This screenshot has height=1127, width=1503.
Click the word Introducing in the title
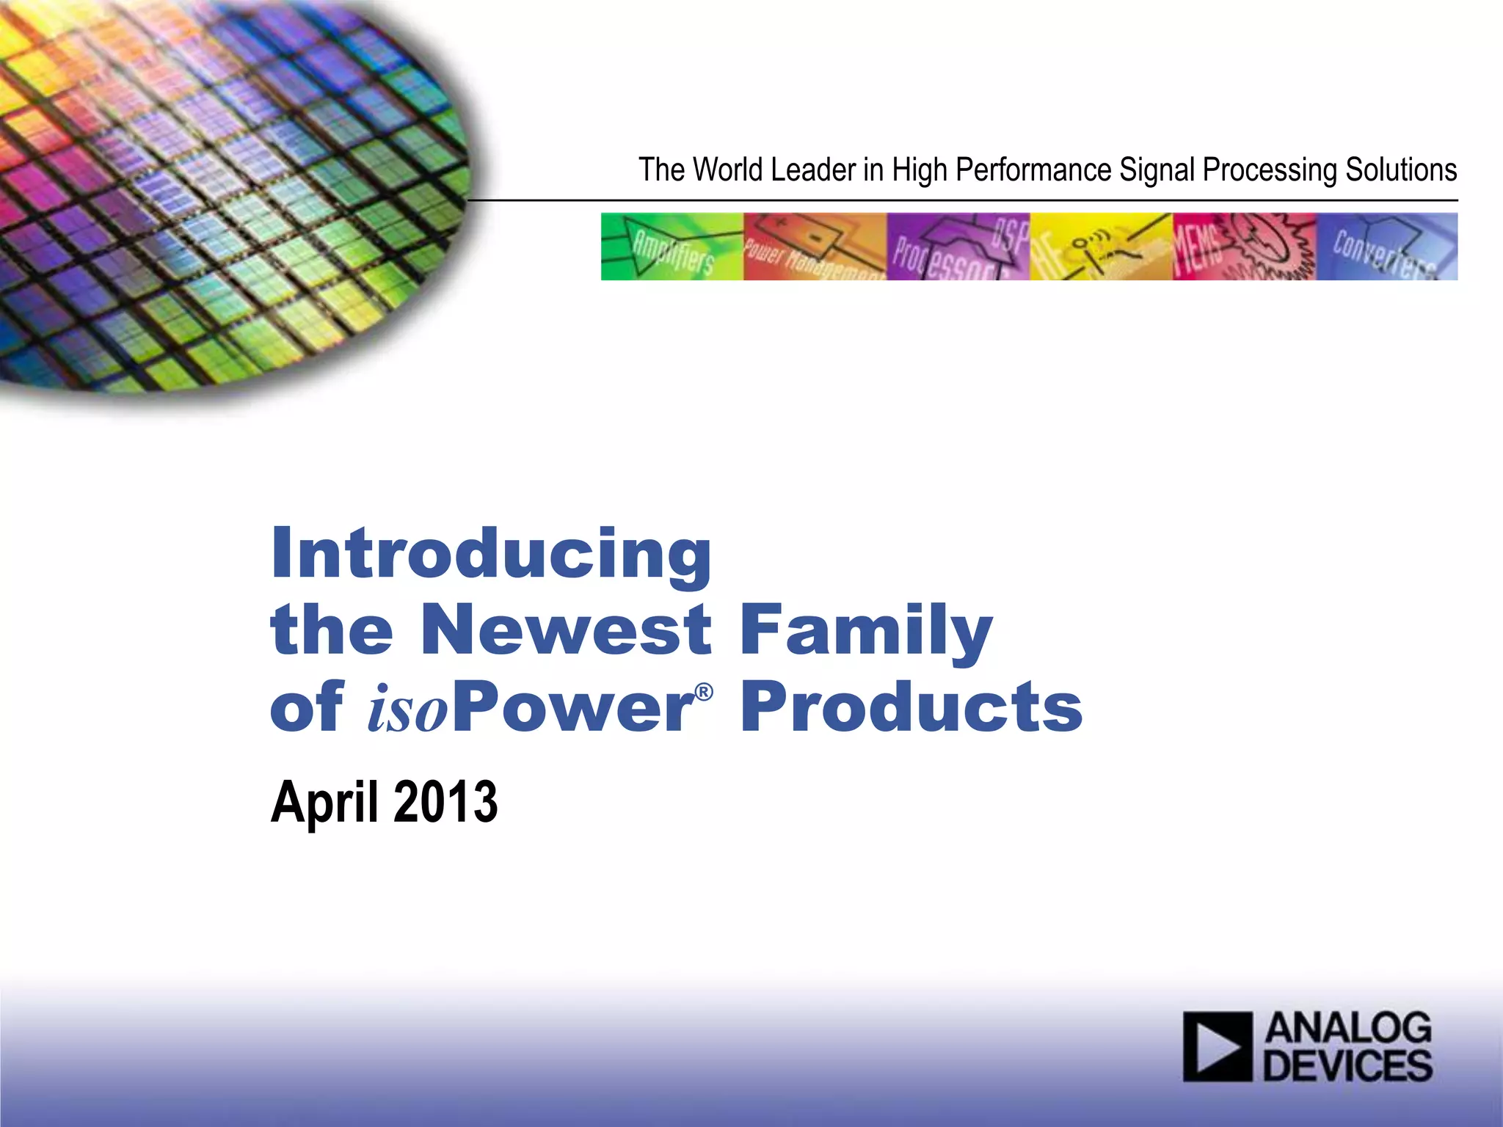click(491, 554)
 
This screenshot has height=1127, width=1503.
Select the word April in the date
click(327, 803)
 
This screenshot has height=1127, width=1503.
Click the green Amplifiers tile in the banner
click(672, 247)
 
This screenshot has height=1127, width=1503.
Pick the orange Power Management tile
click(815, 247)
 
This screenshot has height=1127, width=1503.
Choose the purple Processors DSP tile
click(958, 247)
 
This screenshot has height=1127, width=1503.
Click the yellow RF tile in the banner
click(1101, 247)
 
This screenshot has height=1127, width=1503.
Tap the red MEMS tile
click(1244, 247)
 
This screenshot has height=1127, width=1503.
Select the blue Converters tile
click(1387, 247)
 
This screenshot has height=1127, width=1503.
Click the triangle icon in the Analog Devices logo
click(1218, 1046)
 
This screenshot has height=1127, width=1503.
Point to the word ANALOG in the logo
click(1348, 1028)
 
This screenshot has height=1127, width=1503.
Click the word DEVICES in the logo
click(1347, 1065)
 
